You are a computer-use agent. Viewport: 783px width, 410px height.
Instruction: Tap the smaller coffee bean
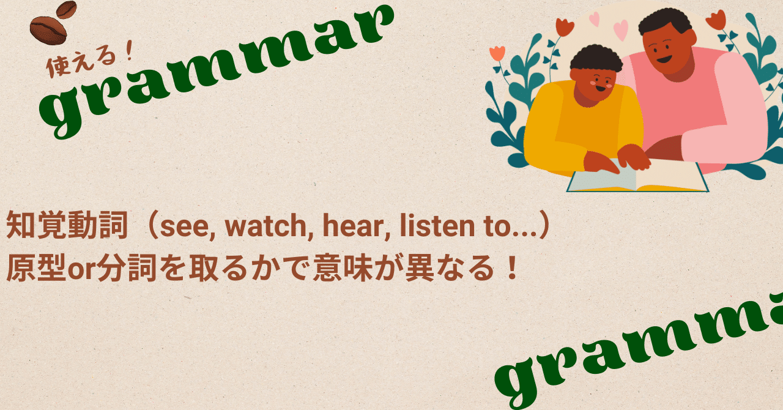[x=66, y=9]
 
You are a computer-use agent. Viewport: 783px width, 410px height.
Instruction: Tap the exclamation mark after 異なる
[x=513, y=268]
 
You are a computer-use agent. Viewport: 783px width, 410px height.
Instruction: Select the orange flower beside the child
[x=497, y=53]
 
